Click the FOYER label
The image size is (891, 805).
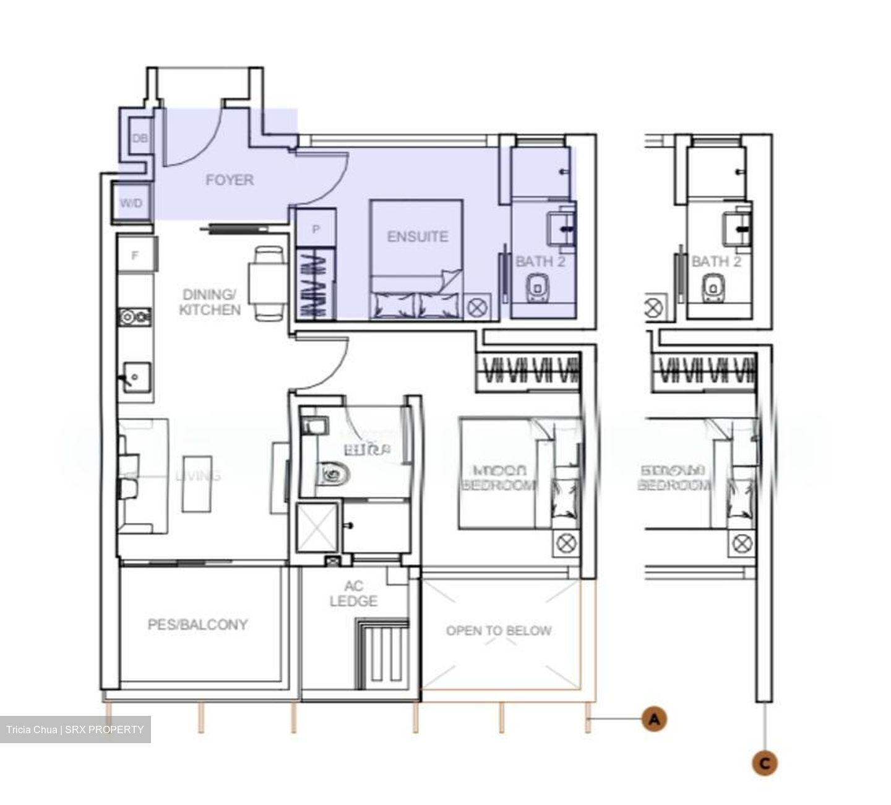(x=230, y=180)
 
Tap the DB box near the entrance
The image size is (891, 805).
(x=140, y=139)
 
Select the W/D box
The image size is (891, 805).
(x=131, y=203)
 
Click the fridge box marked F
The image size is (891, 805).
(x=136, y=255)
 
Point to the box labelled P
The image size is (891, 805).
(x=316, y=229)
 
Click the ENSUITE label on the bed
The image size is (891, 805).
(x=417, y=236)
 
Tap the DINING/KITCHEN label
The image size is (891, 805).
(x=210, y=302)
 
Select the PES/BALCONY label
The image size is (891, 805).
(x=197, y=625)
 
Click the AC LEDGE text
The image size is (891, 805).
(x=354, y=594)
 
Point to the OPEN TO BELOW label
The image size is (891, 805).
(x=499, y=631)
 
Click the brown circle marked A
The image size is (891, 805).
(x=654, y=719)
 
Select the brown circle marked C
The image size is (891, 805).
(x=765, y=764)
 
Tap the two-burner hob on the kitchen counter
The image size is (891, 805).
(x=134, y=317)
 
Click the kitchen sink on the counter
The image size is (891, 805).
(x=135, y=376)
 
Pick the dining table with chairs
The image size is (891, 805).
(x=267, y=283)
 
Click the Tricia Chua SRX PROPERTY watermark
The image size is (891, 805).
(x=75, y=730)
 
